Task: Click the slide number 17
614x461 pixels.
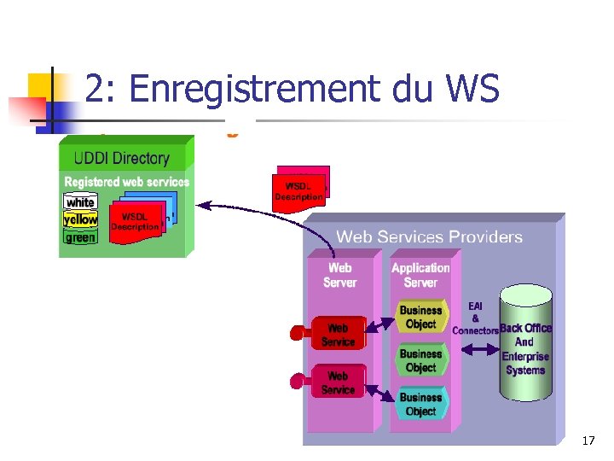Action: point(588,441)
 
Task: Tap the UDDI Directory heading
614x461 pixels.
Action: point(122,158)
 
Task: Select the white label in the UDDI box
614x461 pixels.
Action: point(80,202)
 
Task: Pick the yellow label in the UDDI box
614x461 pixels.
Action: point(81,219)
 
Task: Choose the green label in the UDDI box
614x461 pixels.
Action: point(80,237)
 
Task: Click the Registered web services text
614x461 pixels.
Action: point(126,182)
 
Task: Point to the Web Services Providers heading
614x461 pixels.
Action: point(429,236)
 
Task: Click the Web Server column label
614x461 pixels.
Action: point(339,275)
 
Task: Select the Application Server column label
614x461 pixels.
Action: point(420,275)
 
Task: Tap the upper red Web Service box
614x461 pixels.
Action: point(339,334)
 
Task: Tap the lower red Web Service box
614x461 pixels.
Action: point(339,382)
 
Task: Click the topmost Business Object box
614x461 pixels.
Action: point(421,317)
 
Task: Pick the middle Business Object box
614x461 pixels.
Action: point(421,360)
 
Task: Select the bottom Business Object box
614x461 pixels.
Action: point(421,404)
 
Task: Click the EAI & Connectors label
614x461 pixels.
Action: point(475,318)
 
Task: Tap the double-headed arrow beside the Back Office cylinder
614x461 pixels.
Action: point(481,349)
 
